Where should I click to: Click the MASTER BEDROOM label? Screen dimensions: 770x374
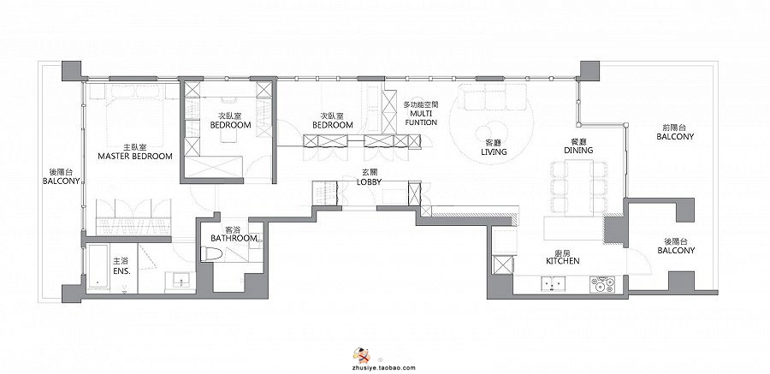pos(135,157)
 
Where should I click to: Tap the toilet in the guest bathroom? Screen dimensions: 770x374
pos(211,253)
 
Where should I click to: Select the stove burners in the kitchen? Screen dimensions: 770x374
pos(602,284)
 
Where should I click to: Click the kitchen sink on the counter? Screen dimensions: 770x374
pos(554,283)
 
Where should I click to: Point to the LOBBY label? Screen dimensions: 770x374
pos(370,181)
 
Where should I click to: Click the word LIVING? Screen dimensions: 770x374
pos(494,151)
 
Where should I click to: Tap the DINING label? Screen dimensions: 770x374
pos(578,150)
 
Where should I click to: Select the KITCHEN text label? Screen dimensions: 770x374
pos(563,260)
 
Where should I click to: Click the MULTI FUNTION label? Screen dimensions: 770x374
pos(420,118)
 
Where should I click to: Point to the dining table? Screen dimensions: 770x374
pos(579,188)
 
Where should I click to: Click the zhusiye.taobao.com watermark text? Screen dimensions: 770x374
pos(383,368)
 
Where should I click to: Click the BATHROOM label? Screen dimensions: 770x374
pos(234,239)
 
